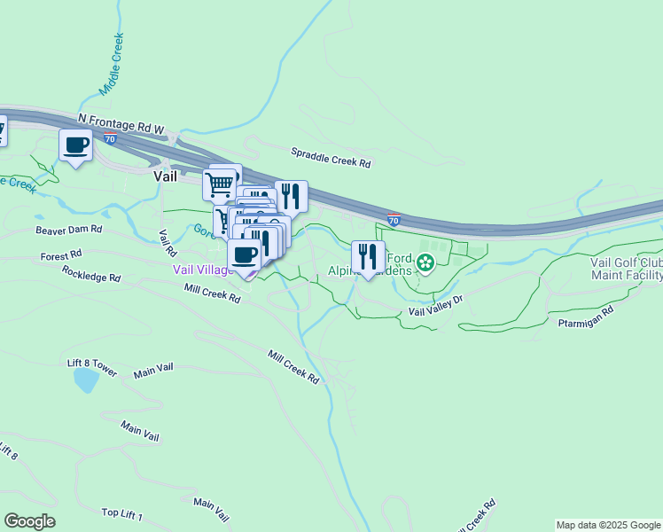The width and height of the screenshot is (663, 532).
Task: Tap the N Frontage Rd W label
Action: coord(121,123)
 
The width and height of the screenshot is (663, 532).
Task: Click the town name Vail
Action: coord(166,176)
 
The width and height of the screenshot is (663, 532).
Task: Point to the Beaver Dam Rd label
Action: coord(69,230)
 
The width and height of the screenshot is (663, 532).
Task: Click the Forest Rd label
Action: coord(60,257)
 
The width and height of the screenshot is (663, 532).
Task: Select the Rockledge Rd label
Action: coord(91,277)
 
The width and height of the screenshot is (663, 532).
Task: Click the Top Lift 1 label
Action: coord(121,512)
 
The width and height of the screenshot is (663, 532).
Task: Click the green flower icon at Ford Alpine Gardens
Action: coord(425,262)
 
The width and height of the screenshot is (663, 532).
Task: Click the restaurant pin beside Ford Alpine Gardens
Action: coord(368,258)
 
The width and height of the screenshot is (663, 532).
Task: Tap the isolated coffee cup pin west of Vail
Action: coord(76,145)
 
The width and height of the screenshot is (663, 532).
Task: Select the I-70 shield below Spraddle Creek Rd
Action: coord(394,218)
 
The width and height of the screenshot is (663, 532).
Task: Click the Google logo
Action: coord(29,521)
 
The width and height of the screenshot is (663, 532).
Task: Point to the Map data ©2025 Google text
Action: coord(608,525)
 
